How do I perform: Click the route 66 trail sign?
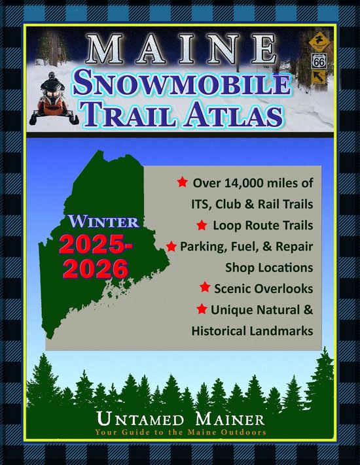point(319,62)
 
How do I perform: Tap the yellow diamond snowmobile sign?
point(319,40)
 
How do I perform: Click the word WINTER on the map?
point(102,222)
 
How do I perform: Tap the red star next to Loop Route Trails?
point(202,226)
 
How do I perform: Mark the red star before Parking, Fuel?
point(171,247)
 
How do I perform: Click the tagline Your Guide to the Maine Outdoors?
point(180,432)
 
